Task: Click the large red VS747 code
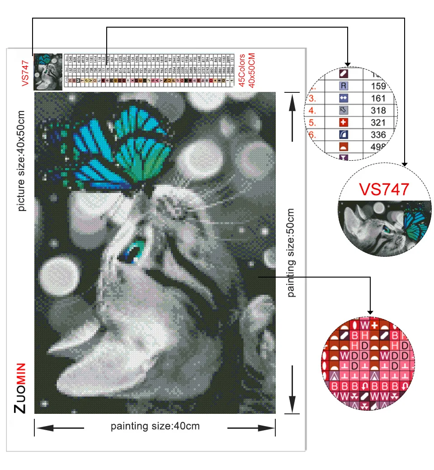click(383, 189)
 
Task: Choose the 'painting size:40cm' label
click(155, 426)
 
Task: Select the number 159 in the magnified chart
click(377, 86)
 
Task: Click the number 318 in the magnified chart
click(377, 110)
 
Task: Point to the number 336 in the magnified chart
click(377, 135)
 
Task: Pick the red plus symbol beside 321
click(344, 123)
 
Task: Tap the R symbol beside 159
click(344, 86)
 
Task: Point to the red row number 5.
click(312, 123)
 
